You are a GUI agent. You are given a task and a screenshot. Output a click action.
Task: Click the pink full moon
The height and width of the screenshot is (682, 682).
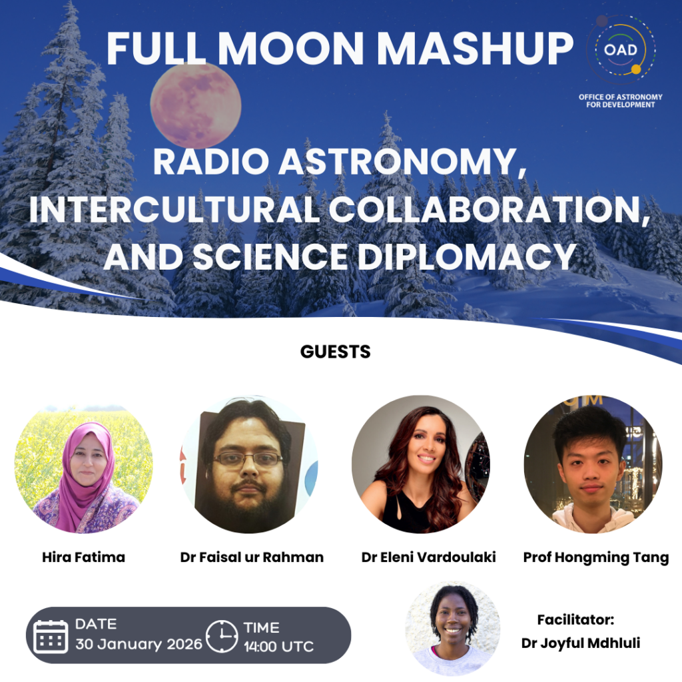(x=196, y=105)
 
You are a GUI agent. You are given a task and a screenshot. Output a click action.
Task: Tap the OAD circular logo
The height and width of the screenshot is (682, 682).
(x=621, y=49)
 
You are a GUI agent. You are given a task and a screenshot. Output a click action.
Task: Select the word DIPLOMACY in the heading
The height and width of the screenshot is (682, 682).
(x=467, y=256)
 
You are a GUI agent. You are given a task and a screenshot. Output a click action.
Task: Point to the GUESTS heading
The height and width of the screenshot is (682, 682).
(x=336, y=352)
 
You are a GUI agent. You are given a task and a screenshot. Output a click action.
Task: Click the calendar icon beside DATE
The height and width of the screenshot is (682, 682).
(x=51, y=636)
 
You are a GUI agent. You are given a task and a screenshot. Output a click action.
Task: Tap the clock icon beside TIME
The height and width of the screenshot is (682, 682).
(x=221, y=636)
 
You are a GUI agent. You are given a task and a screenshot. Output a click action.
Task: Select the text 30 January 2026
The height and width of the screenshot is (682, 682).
(x=139, y=644)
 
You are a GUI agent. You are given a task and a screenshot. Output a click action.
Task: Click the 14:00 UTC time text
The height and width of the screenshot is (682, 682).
(x=278, y=646)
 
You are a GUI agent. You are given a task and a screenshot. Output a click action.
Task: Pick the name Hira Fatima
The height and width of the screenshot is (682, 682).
(x=83, y=557)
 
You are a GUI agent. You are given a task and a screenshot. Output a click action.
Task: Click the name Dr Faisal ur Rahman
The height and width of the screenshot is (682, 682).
(x=252, y=557)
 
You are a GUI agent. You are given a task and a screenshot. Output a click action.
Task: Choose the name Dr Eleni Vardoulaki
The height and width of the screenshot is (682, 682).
(x=428, y=557)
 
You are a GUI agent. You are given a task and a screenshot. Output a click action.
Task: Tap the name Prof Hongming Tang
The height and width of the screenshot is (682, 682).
(x=596, y=557)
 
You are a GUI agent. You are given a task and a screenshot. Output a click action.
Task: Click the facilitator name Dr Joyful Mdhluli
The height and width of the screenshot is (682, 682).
(x=581, y=643)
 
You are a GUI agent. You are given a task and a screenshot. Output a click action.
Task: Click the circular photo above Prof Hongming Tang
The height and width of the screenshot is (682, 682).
(x=593, y=464)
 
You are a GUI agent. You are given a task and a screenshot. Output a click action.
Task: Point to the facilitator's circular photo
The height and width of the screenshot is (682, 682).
(x=453, y=629)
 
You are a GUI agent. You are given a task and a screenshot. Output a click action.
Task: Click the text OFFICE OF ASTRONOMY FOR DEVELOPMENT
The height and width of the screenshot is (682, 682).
(x=621, y=101)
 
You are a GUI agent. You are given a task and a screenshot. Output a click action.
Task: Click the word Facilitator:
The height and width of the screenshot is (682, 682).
(x=575, y=619)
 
